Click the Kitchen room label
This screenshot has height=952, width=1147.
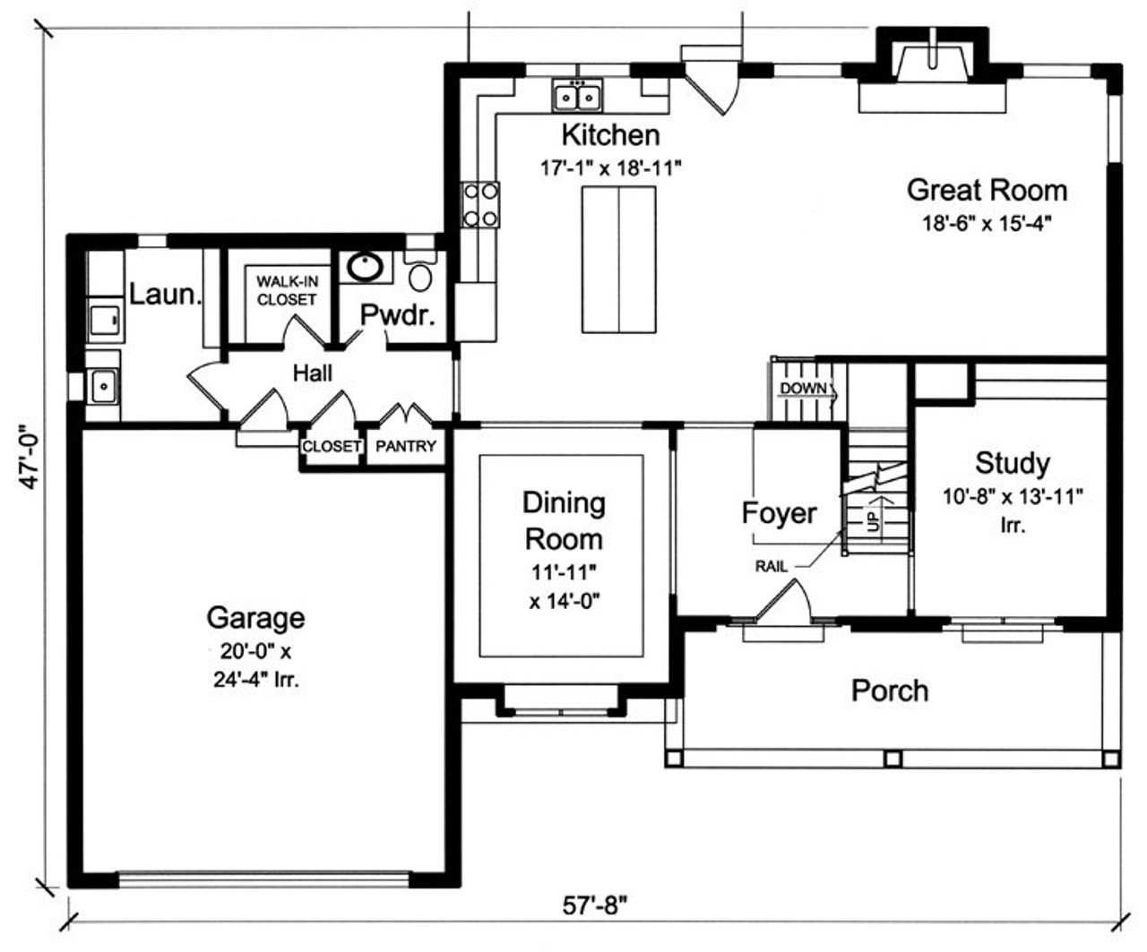tap(610, 135)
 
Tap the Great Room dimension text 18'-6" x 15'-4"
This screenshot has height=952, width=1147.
tap(986, 224)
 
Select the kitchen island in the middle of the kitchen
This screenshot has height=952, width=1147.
tap(618, 258)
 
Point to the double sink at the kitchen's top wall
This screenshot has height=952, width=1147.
tap(577, 94)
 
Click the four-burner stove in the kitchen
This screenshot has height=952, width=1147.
tap(480, 204)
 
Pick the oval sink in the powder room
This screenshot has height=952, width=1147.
tap(367, 267)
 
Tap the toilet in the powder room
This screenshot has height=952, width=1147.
tap(418, 270)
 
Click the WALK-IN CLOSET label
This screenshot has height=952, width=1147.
tap(287, 291)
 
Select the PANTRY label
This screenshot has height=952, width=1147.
tap(406, 446)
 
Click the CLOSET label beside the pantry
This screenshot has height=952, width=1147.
tap(332, 446)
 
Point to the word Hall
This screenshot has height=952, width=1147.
tap(312, 373)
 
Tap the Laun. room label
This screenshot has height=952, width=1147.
tap(165, 295)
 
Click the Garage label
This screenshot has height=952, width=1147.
tap(255, 618)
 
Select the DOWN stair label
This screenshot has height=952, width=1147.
tap(804, 389)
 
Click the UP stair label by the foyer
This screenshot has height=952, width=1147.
tap(875, 517)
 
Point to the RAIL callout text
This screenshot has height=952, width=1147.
tap(772, 566)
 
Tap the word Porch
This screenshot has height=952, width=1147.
tap(889, 690)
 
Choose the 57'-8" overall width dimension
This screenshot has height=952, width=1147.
tap(595, 905)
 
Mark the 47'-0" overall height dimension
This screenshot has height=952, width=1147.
tap(33, 457)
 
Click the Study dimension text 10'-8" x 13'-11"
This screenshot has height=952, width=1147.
tap(1013, 496)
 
